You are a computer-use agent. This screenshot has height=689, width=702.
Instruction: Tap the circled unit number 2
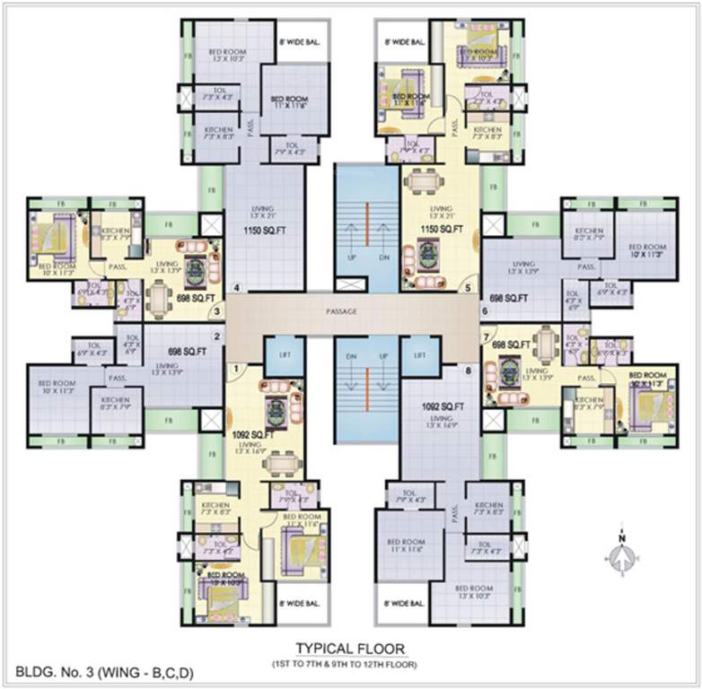(216, 337)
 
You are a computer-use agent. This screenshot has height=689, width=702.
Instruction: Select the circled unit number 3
(216, 312)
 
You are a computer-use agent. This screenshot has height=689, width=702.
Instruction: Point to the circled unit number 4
(237, 289)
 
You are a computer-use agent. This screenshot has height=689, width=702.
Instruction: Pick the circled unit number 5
(467, 289)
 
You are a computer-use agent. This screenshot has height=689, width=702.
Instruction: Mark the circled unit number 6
(485, 312)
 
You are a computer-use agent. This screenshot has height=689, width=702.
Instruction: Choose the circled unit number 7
(487, 338)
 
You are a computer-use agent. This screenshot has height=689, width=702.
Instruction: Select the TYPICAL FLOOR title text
(350, 648)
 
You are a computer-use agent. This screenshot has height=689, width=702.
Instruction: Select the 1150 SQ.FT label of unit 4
(265, 231)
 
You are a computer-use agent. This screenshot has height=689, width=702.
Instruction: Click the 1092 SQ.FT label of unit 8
(442, 406)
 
